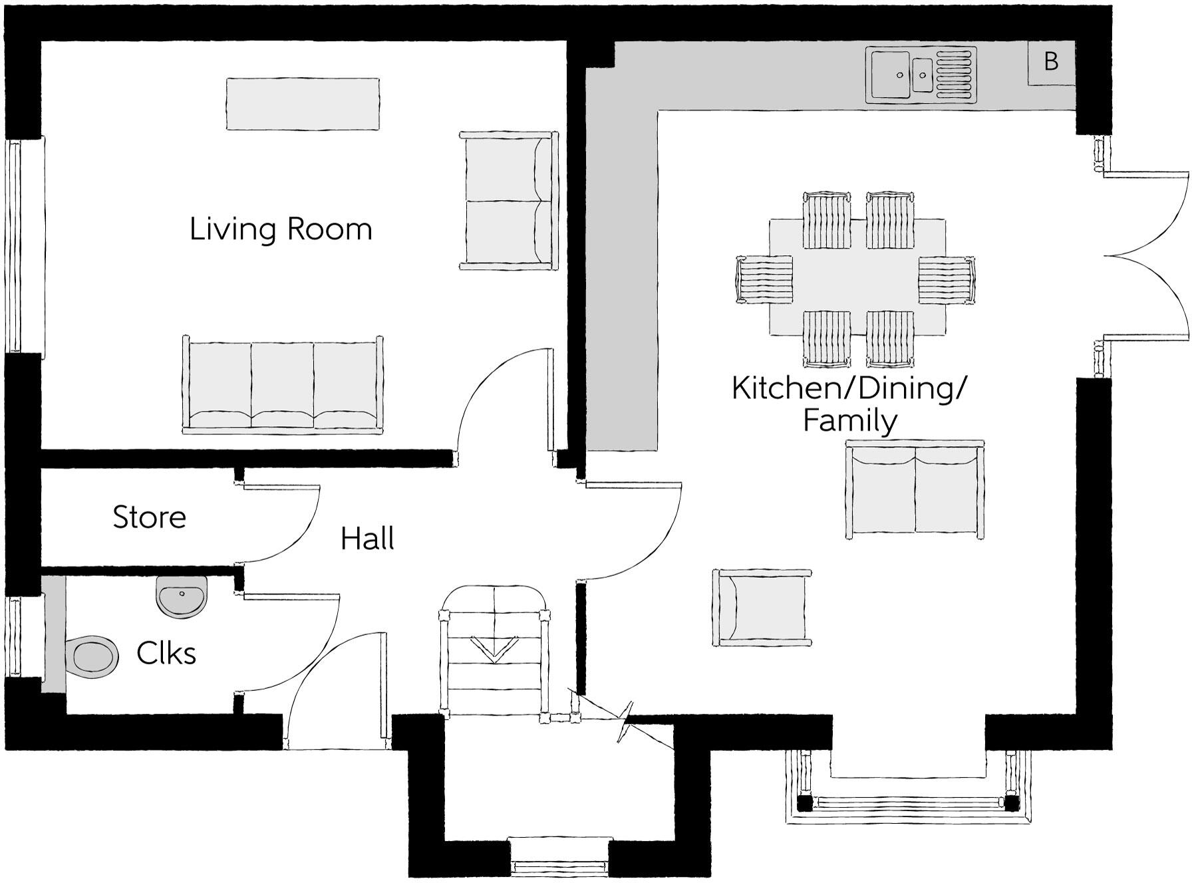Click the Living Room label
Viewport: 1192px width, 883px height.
pos(281,229)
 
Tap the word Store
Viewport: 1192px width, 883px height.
pos(149,517)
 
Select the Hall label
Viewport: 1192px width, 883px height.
pos(367,539)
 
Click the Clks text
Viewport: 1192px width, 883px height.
pos(166,654)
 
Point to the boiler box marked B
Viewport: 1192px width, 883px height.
pos(1051,62)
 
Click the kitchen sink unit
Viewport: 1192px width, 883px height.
pos(922,74)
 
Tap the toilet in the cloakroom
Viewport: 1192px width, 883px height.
pos(92,656)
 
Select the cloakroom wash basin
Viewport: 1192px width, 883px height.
pos(182,596)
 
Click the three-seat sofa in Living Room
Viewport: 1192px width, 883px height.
pos(283,386)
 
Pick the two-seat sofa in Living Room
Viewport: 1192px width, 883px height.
pos(507,201)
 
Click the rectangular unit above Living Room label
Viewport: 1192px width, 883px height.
pos(303,104)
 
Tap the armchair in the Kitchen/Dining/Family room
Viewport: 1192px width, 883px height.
pos(762,608)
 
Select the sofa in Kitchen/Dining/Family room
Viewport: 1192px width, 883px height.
pos(915,490)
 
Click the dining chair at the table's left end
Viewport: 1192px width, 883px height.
pos(765,279)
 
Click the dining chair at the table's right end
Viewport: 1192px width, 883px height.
pos(946,279)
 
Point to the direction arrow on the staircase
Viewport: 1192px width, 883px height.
pos(494,649)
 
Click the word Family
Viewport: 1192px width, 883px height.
pos(850,421)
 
